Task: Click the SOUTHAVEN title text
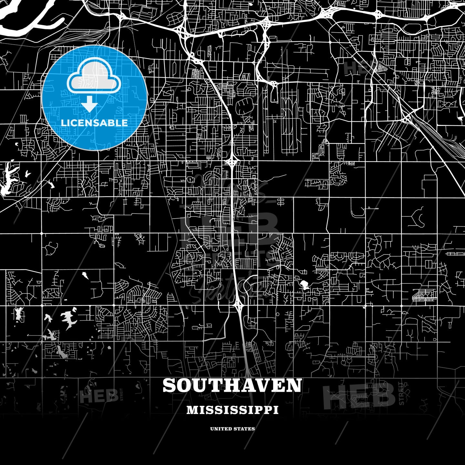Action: click(232, 386)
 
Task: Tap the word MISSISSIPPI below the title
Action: click(232, 410)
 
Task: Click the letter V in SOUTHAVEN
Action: click(261, 386)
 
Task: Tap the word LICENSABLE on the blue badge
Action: click(94, 123)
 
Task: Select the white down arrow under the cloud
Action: click(89, 104)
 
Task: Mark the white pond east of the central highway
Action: click(304, 284)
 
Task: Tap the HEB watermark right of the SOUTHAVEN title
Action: click(358, 396)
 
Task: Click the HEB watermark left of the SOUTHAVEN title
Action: click(98, 397)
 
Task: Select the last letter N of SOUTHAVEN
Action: click(294, 386)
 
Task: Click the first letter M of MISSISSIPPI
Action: click(191, 410)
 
